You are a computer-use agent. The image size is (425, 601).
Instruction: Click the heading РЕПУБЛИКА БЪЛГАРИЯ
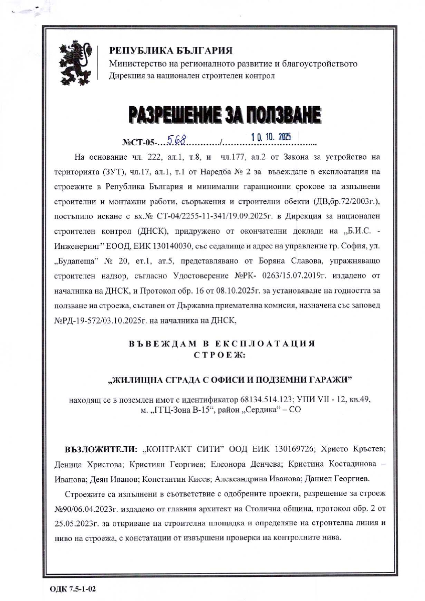(x=171, y=51)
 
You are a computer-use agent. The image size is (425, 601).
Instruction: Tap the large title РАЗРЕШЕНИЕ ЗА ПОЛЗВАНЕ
(x=225, y=115)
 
